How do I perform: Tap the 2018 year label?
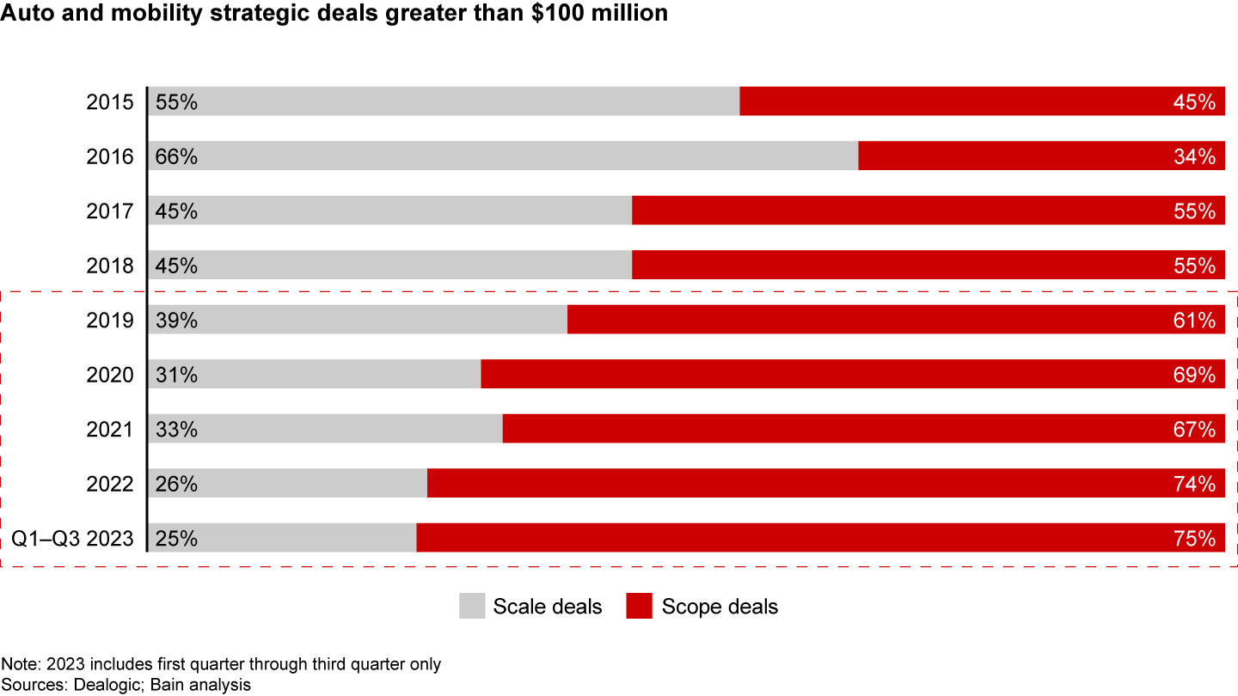click(x=110, y=266)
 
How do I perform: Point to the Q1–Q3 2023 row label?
click(x=72, y=539)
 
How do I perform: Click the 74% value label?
click(x=1194, y=484)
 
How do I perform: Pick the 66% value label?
click(x=177, y=156)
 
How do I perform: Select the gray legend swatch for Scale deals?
click(x=472, y=606)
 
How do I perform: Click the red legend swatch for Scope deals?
click(x=640, y=606)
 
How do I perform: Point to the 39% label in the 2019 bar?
click(x=177, y=321)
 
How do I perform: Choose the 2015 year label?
click(x=110, y=102)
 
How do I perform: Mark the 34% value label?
click(x=1194, y=156)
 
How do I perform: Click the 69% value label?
click(x=1194, y=375)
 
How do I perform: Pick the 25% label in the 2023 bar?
click(x=177, y=539)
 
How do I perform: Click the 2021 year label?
click(x=110, y=430)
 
